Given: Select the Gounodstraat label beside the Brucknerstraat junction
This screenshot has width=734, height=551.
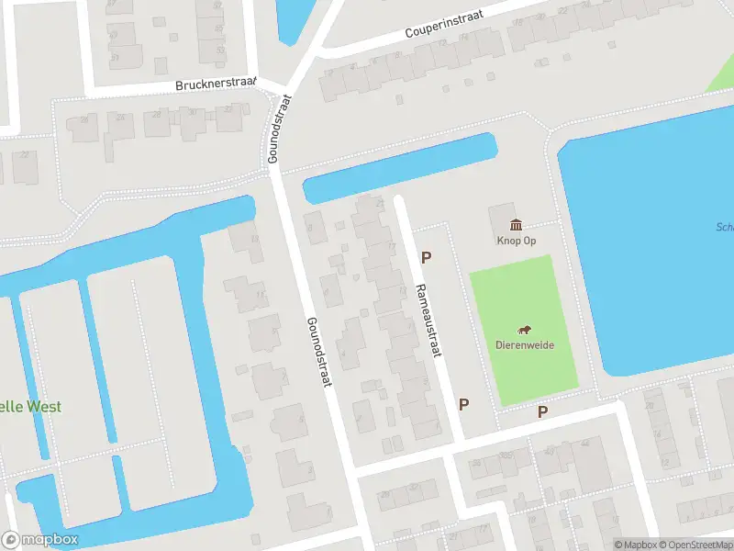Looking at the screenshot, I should pyautogui.click(x=278, y=129).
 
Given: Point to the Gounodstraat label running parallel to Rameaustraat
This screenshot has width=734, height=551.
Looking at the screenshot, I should pyautogui.click(x=319, y=353).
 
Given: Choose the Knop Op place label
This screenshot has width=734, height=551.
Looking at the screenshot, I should pyautogui.click(x=517, y=242).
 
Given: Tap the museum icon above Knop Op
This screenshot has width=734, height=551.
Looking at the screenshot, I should pyautogui.click(x=517, y=225).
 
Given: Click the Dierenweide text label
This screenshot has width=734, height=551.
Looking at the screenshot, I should pyautogui.click(x=525, y=345).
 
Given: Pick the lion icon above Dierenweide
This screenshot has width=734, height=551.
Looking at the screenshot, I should pyautogui.click(x=525, y=331).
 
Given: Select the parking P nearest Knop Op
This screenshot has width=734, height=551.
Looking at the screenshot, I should pyautogui.click(x=426, y=257).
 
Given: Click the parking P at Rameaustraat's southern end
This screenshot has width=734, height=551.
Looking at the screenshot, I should pyautogui.click(x=464, y=404).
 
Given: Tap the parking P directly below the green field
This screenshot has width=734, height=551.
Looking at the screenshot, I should pyautogui.click(x=542, y=412).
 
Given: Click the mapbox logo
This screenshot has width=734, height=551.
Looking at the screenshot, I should pyautogui.click(x=39, y=540).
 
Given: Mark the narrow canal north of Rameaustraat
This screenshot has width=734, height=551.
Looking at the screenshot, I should pyautogui.click(x=399, y=168).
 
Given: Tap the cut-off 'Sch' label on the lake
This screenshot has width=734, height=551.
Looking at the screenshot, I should pyautogui.click(x=724, y=228).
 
